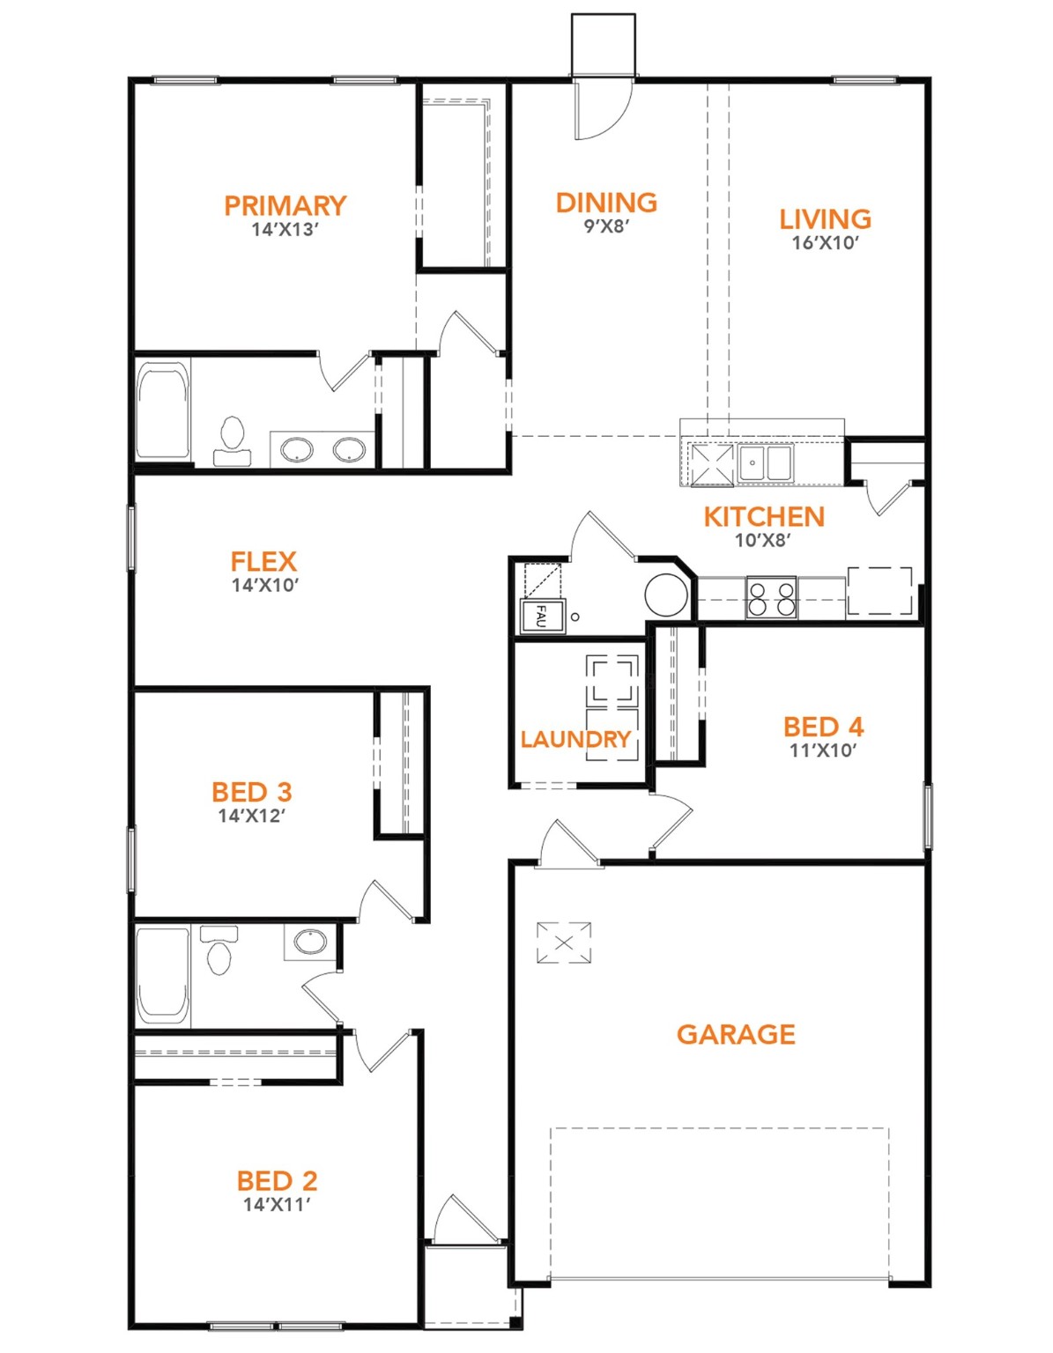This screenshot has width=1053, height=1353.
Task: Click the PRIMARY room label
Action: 285,205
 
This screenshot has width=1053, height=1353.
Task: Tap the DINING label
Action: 606,203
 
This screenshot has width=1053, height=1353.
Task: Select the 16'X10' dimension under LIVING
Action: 825,243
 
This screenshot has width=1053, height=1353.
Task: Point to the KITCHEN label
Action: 764,516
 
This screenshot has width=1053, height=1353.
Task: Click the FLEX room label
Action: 263,561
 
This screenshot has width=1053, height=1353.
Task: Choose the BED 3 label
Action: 251,792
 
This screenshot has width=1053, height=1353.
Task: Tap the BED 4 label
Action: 823,727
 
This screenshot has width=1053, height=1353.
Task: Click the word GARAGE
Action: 736,1034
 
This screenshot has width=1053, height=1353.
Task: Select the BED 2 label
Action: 277,1180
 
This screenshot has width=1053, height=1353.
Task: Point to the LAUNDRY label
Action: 575,739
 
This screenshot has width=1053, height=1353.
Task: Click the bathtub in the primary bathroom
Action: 163,410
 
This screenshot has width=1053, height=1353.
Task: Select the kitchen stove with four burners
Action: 771,597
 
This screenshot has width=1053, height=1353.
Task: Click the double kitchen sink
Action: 764,462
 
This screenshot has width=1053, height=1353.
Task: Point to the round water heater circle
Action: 666,595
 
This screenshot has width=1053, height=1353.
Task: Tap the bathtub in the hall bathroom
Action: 163,975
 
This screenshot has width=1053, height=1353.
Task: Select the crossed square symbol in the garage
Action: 564,943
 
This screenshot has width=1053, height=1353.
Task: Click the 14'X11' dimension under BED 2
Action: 277,1204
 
